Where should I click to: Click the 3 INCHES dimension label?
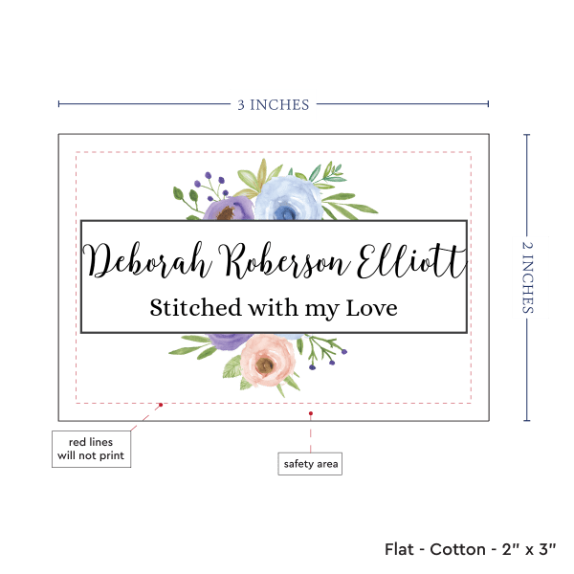coord(274,104)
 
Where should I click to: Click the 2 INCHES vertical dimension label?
coord(529,276)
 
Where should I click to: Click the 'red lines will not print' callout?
coord(90,449)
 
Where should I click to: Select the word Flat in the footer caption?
coord(401,549)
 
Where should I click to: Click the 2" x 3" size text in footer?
coord(535,549)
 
